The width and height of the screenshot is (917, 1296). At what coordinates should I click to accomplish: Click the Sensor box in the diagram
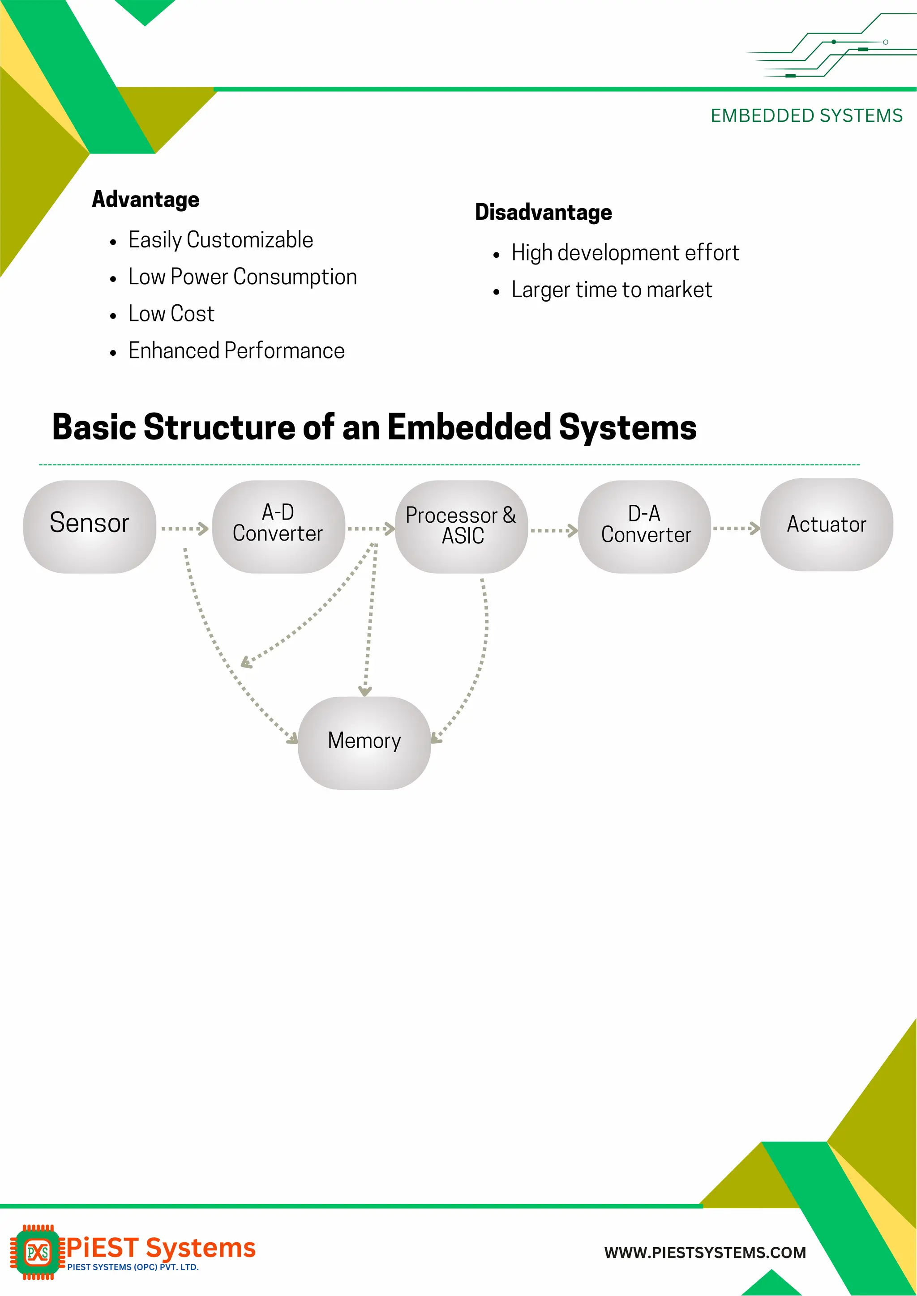89,527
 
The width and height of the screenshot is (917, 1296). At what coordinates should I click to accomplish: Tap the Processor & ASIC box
461,527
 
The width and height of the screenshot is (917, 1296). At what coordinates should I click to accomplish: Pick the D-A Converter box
644,527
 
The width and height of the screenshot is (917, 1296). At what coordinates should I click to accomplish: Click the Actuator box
826,524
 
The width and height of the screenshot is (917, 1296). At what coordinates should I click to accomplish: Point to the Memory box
364,742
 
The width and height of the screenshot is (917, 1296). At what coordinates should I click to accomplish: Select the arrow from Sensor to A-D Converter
184,529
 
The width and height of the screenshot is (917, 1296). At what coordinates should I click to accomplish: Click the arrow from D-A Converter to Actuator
736,529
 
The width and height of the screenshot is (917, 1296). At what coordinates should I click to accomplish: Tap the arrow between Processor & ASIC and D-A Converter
553,530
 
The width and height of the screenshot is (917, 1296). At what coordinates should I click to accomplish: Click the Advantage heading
146,199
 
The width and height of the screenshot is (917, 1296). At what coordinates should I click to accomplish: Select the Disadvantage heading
543,212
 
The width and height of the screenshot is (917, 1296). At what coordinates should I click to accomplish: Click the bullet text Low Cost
171,314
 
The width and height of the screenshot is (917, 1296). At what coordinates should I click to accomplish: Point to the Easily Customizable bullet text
220,240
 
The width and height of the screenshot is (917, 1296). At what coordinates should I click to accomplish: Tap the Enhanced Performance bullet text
236,350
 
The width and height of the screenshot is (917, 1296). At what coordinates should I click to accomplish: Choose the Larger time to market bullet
612,290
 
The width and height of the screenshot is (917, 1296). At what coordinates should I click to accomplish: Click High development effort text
625,253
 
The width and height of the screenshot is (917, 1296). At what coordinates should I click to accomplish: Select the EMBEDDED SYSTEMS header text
806,116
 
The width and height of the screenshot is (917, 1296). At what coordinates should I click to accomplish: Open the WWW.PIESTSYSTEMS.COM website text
705,1253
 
